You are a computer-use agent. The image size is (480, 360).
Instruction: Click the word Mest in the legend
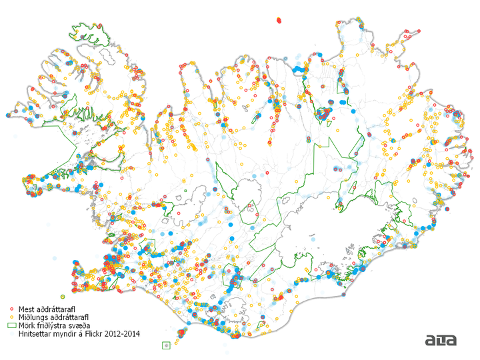tap(27, 309)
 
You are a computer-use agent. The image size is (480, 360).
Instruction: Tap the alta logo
tap(441, 341)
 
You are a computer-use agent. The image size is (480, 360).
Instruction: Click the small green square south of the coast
tap(166, 345)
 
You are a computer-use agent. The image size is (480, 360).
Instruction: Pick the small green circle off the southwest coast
tap(62, 295)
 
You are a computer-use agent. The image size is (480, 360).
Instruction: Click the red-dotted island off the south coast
tap(181, 332)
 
